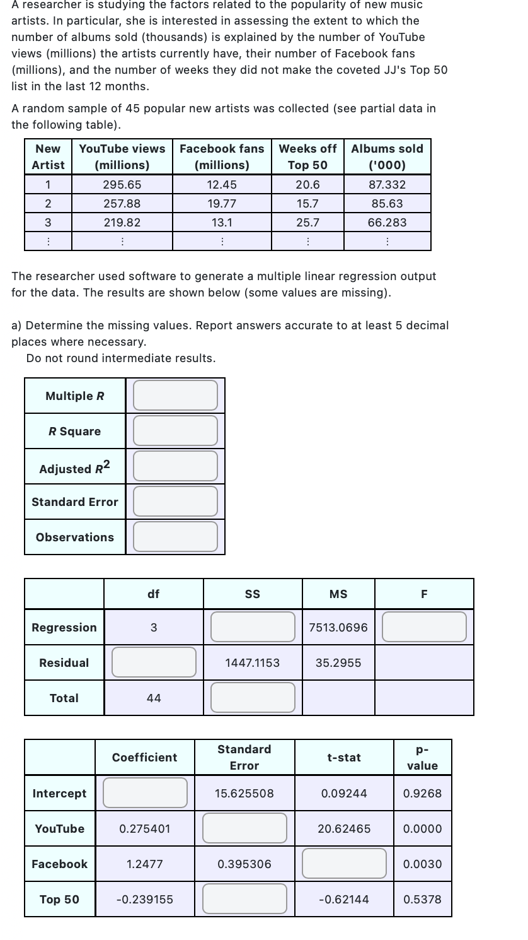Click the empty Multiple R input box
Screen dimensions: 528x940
pos(175,396)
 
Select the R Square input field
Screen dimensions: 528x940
pos(175,431)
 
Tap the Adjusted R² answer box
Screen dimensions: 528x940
pos(175,466)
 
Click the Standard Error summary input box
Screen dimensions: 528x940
pos(175,502)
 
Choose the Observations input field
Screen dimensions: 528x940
pos(175,537)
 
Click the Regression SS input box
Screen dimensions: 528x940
pos(253,627)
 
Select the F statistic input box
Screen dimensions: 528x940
pos(424,627)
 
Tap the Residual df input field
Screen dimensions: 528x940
pos(154,662)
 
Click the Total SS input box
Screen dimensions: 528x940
pos(253,698)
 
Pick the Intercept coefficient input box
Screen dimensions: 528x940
pos(145,793)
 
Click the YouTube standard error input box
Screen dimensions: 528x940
pos(244,828)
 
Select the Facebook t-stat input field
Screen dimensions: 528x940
pos(344,864)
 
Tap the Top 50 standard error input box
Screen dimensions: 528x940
pos(244,899)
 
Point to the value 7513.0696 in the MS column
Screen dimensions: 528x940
pos(338,628)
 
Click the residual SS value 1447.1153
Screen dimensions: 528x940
pos(253,663)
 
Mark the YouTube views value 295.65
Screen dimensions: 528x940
pos(122,185)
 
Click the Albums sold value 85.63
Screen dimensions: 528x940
pos(387,204)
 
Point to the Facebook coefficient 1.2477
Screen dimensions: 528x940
pos(145,864)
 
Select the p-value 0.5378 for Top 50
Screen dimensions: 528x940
pos(422,900)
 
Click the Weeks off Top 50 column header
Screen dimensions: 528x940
pos(307,156)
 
